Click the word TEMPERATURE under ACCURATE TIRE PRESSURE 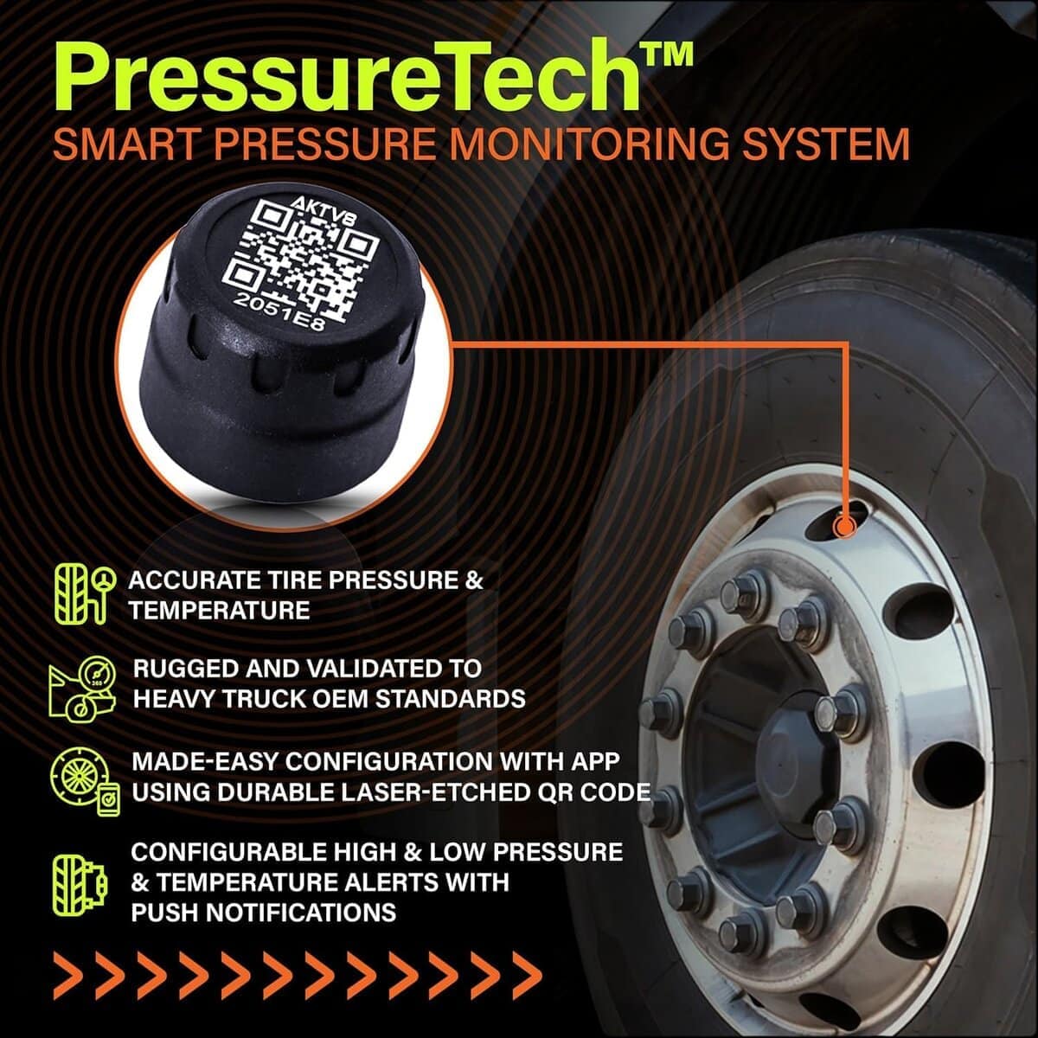point(219,611)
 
